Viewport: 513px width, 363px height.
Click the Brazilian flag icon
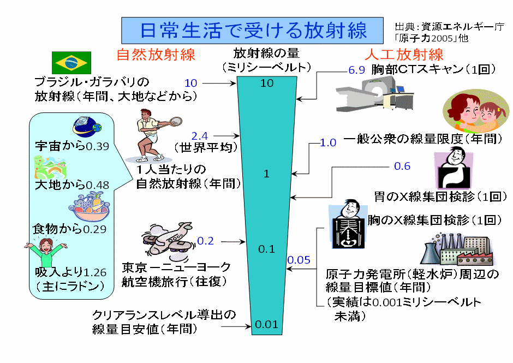click(71, 63)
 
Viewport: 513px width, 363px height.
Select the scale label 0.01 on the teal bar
click(267, 324)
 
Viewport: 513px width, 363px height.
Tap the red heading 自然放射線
click(156, 55)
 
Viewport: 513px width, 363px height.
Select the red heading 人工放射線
click(404, 55)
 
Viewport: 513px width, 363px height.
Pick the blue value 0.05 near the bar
click(299, 259)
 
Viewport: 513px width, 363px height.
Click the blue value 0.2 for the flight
click(205, 241)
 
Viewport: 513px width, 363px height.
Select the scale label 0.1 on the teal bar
click(266, 249)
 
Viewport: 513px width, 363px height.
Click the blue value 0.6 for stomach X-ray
click(402, 166)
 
